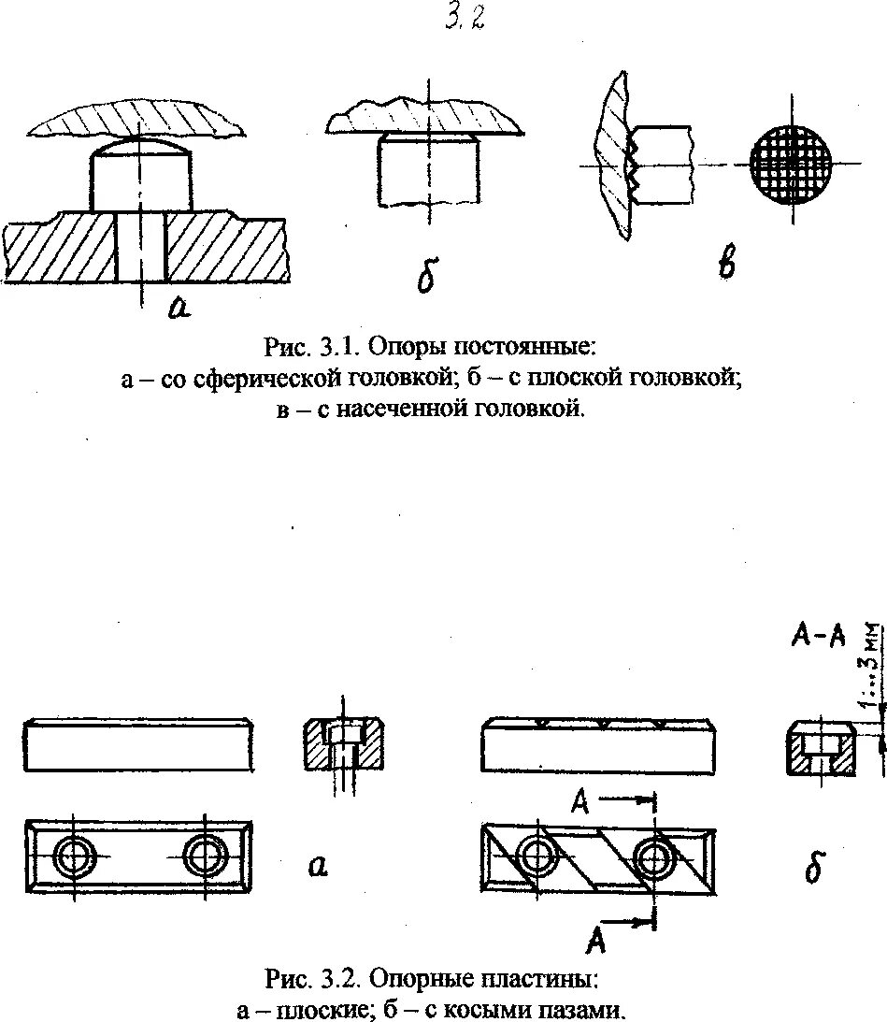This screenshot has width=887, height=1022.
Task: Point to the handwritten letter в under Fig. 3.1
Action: (x=725, y=265)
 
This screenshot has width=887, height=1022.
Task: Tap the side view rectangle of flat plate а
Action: (x=140, y=745)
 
